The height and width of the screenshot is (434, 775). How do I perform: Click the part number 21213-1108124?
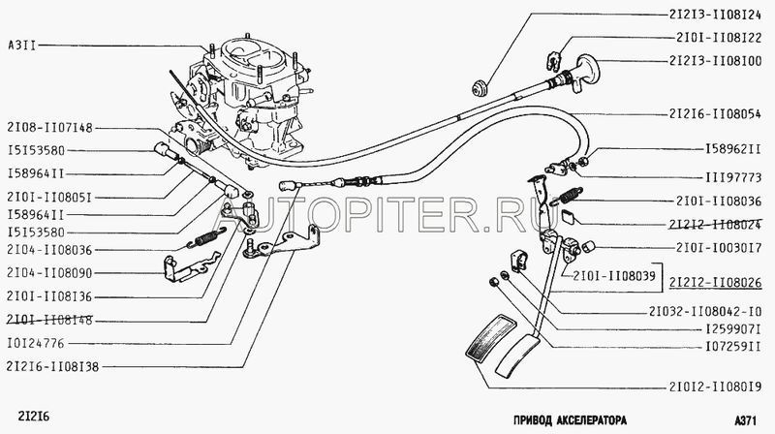pyautogui.click(x=712, y=16)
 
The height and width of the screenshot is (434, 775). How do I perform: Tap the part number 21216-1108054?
pyautogui.click(x=713, y=114)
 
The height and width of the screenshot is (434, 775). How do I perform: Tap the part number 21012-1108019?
pyautogui.click(x=713, y=385)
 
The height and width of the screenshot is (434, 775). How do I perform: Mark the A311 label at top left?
pyautogui.click(x=22, y=46)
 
